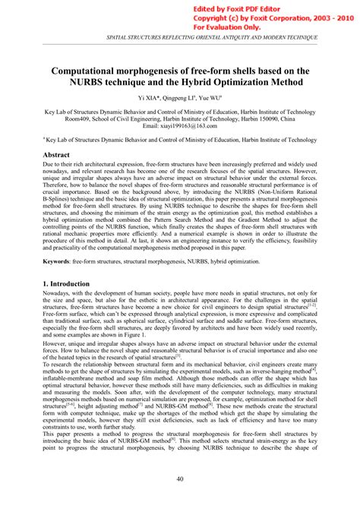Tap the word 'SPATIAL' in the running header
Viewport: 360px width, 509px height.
tap(96, 36)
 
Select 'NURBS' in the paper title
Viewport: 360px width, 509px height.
tap(91, 81)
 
